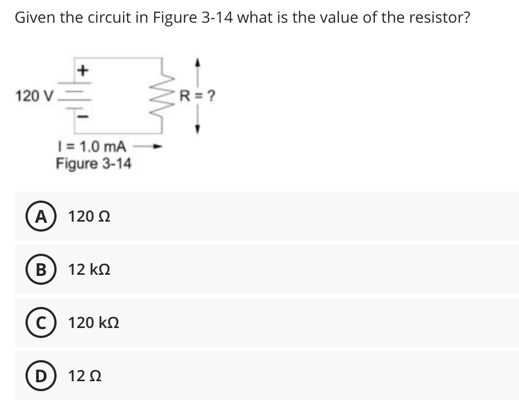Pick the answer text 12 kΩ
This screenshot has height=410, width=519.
click(x=85, y=270)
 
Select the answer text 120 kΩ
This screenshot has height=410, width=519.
click(x=93, y=322)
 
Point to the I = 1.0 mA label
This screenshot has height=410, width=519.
click(x=91, y=147)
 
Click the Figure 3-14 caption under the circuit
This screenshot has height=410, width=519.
click(x=93, y=164)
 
